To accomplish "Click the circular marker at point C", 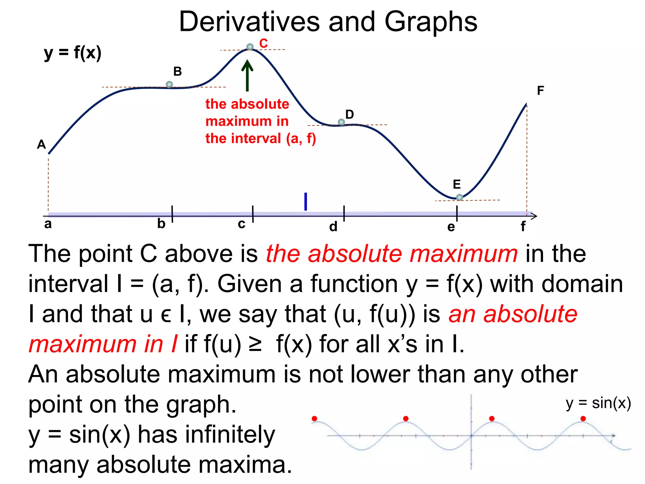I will click(250, 47).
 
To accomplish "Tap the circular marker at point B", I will click(169, 84).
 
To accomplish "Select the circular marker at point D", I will click(341, 122).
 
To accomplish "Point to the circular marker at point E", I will click(459, 197).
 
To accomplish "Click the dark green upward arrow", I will click(247, 76).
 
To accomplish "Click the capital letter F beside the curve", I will click(540, 91).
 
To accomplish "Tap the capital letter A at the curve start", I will click(42, 145).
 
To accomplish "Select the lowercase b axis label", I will click(161, 224).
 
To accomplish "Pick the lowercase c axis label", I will click(242, 224).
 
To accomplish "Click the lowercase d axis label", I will click(333, 227).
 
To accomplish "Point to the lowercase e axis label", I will click(451, 227).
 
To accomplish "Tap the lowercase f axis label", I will click(523, 226).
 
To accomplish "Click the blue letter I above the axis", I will click(305, 202).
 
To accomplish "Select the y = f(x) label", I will click(73, 53).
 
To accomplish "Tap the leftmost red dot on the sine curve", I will click(314, 418).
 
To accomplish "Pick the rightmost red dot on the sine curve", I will click(583, 418).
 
